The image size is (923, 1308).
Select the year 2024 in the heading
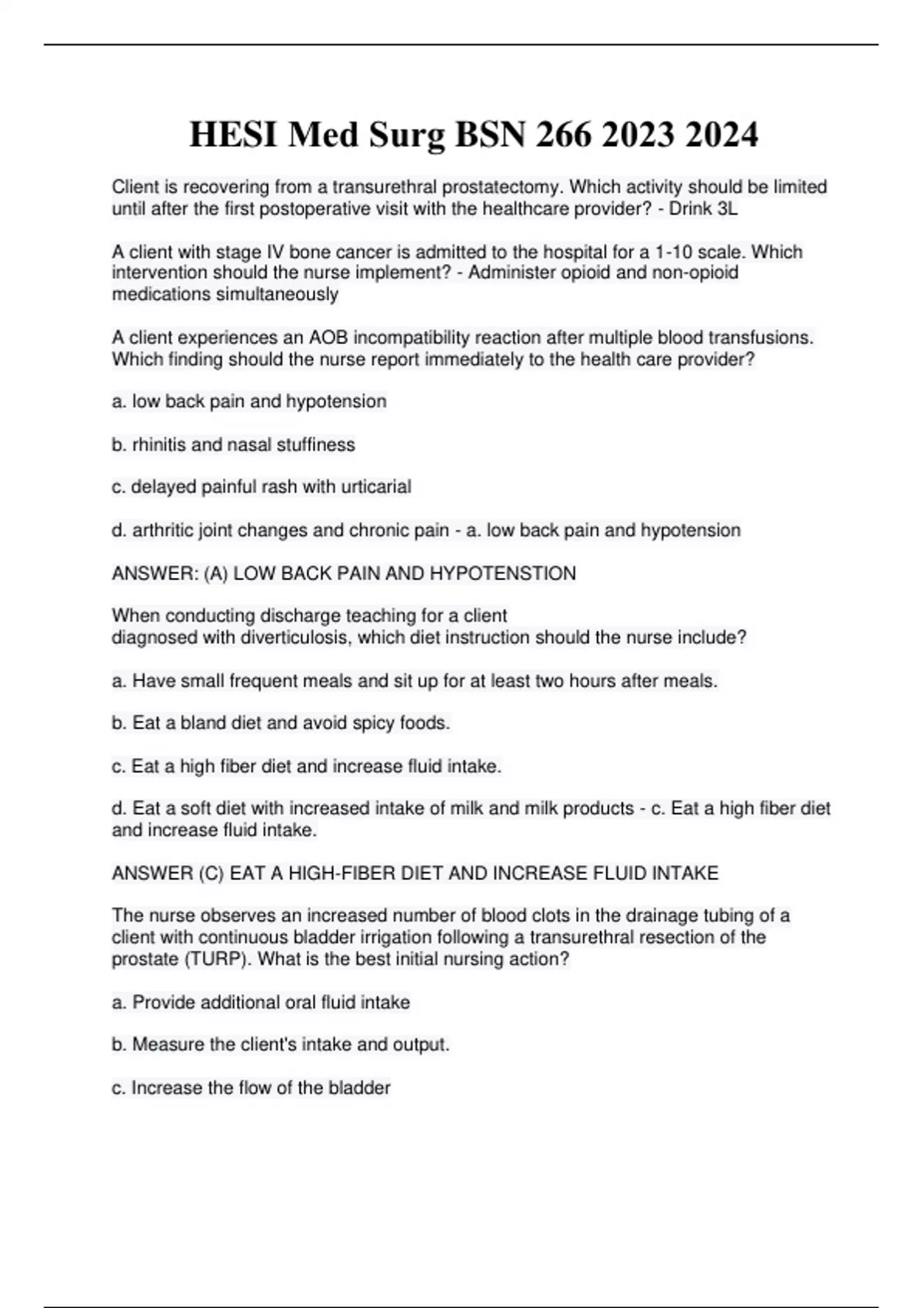tap(721, 135)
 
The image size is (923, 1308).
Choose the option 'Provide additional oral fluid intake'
tap(261, 1003)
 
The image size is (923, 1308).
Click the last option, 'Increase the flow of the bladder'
tap(251, 1088)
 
